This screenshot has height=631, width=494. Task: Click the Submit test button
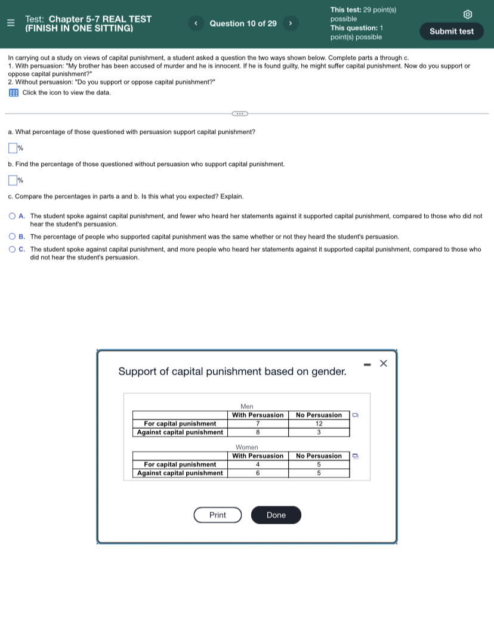[x=452, y=31]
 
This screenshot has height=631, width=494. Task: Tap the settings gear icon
[x=468, y=14]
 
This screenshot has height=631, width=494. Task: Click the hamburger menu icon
[x=10, y=23]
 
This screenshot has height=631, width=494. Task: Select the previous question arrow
[x=196, y=23]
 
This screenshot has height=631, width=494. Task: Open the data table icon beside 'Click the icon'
[x=14, y=92]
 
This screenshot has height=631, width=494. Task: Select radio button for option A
[x=12, y=216]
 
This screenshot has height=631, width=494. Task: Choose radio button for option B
[x=12, y=237]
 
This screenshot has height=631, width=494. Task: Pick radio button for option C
[x=12, y=249]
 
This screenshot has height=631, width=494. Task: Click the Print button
[x=218, y=515]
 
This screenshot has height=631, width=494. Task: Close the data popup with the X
[x=384, y=363]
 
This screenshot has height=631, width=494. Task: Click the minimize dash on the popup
[x=366, y=364]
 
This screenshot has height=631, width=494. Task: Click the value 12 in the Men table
[x=319, y=423]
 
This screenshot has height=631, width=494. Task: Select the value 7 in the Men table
[x=258, y=423]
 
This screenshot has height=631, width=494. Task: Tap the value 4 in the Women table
[x=258, y=465]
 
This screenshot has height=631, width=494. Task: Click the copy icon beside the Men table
[x=355, y=415]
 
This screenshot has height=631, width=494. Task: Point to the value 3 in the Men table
[x=319, y=432]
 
